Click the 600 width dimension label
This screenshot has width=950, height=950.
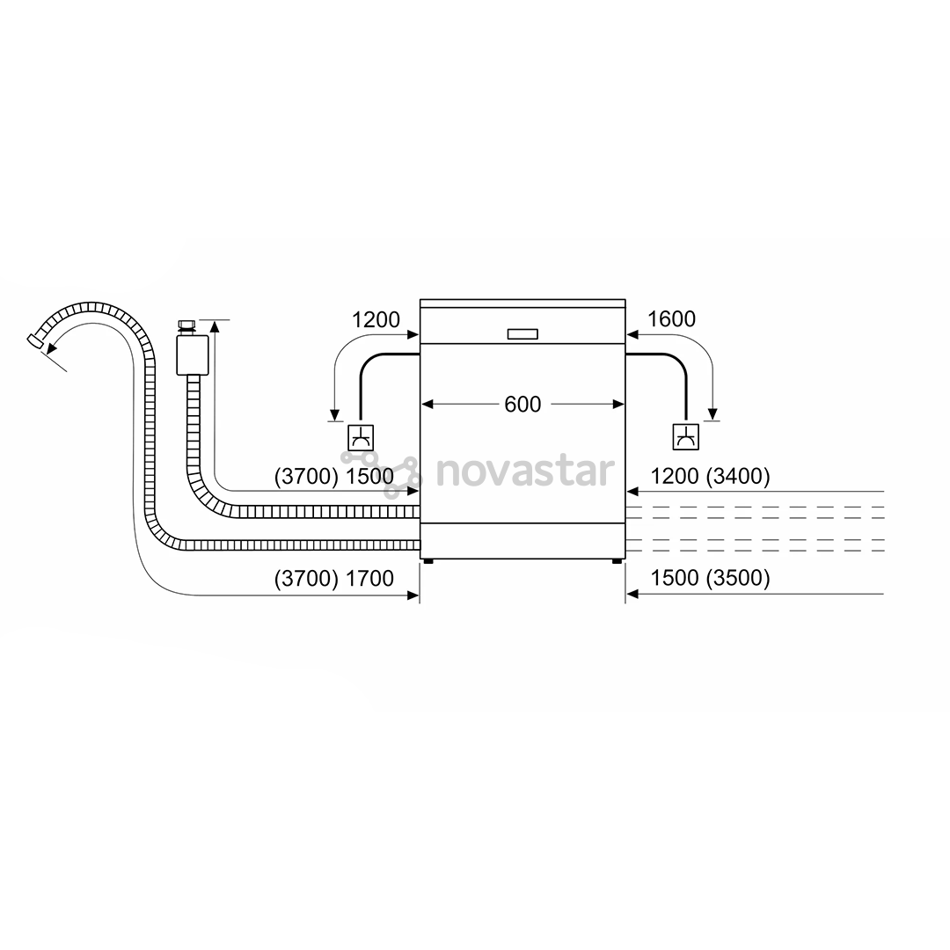pos(522,404)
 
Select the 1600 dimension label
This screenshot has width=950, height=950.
pos(671,318)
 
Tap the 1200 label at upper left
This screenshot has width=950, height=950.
pos(376,319)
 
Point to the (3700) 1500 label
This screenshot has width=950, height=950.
pos(334,476)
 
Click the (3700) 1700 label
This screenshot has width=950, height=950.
pos(334,579)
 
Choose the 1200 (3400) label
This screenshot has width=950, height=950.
pos(710,476)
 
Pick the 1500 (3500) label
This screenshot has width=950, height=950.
pos(710,578)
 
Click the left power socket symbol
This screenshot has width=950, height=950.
pos(361,437)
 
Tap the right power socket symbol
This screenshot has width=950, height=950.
pos(686,437)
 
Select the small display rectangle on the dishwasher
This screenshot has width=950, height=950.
pos(522,334)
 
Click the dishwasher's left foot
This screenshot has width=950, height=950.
pos(429,561)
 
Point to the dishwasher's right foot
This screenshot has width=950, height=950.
pos(617,561)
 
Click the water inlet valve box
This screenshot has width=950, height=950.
pos(193,355)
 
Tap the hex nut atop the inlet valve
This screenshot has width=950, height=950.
pos(186,325)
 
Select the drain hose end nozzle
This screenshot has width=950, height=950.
pos(35,340)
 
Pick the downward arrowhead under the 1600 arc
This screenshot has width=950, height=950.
pos(712,413)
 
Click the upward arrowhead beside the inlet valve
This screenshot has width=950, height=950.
pos(215,326)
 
